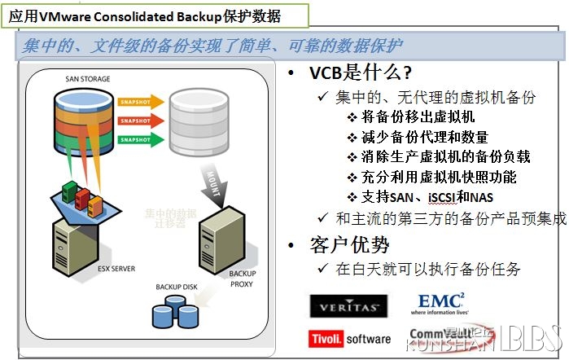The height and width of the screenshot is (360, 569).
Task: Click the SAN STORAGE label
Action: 88,79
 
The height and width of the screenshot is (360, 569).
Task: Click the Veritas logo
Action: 344,305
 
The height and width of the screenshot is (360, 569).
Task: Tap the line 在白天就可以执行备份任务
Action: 428,269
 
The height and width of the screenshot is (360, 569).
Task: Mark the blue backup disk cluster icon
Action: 177,310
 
